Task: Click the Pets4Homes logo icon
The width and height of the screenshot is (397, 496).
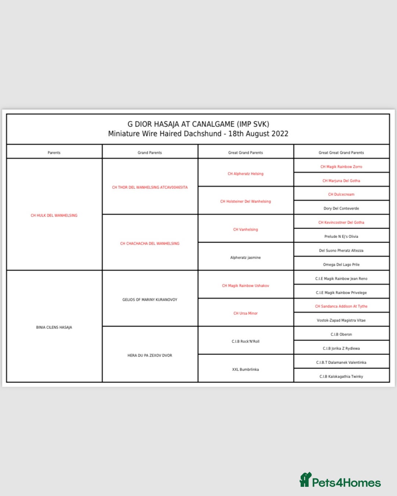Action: coord(305,479)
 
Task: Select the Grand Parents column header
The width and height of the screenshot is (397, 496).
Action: coord(150,153)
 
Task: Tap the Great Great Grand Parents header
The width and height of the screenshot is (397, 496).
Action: coord(341,153)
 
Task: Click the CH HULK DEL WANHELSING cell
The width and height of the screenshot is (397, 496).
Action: coord(54,216)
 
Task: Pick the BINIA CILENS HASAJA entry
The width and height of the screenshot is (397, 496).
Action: coord(54,327)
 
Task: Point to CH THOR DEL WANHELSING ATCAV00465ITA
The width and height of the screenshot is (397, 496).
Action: coord(150,187)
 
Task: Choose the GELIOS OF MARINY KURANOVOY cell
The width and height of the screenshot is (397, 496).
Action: coord(150,300)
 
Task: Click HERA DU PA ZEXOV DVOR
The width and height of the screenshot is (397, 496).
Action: coord(150,355)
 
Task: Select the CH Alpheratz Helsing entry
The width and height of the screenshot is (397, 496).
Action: coord(246,174)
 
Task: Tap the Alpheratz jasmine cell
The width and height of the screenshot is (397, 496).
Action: coord(246,257)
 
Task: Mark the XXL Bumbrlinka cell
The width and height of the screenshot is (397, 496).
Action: coord(246,369)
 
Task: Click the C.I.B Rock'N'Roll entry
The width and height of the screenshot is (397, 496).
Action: coord(246,341)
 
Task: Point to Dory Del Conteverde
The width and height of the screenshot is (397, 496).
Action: coord(341,209)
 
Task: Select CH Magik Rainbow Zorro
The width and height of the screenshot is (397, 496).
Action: coord(341,167)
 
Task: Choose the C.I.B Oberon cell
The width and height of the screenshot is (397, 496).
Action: coord(341,334)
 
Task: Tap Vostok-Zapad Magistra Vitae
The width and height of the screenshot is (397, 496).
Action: coord(341,321)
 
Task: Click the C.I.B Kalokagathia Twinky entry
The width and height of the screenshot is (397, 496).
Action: coord(341,376)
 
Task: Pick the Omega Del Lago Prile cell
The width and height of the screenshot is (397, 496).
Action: coord(341,265)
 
